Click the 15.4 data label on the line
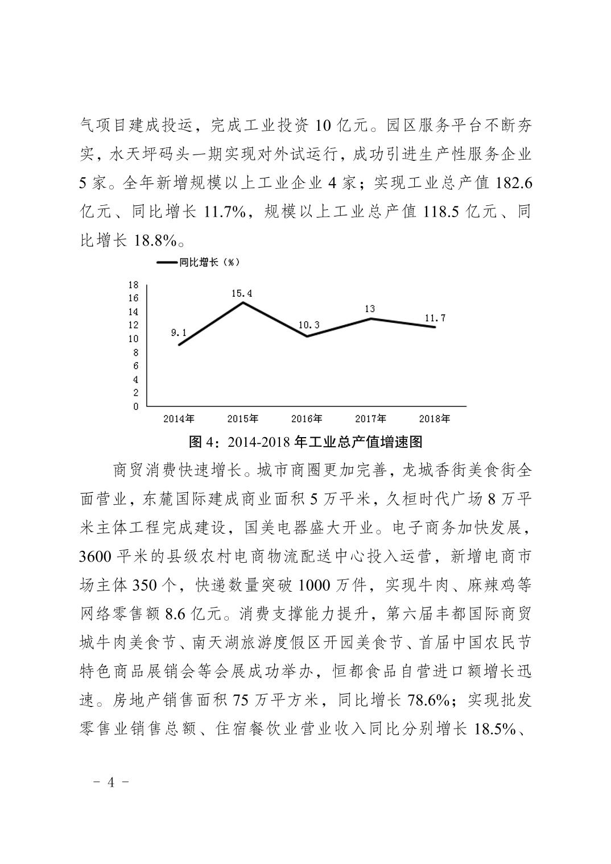[242, 294]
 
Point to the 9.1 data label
[179, 333]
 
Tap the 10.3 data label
[308, 325]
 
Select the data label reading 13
[370, 309]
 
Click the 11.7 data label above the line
[435, 318]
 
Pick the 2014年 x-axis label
[179, 419]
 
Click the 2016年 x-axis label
[307, 419]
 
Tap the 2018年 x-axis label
[434, 419]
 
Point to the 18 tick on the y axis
[133, 285]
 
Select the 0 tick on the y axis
[135, 406]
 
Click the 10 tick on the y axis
[133, 339]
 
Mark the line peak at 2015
[243, 302]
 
